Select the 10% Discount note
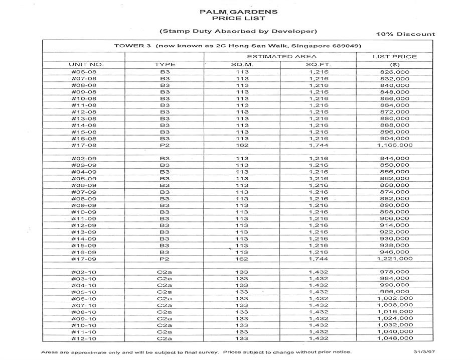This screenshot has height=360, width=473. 405,34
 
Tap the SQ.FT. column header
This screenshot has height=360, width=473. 319,65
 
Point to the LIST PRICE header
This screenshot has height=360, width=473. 395,57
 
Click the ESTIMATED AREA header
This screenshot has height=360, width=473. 281,57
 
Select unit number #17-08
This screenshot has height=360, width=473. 84,145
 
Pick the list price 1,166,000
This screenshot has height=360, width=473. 395,145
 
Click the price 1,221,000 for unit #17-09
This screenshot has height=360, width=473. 395,259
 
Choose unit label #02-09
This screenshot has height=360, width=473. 84,159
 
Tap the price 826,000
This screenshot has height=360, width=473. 395,72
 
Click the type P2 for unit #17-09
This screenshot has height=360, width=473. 165,259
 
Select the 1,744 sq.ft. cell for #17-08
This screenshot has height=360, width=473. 319,145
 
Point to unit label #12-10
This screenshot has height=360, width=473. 84,338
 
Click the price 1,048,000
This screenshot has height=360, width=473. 395,338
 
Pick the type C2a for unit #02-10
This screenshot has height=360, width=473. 165,272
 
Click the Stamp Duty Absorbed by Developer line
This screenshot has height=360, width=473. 238,31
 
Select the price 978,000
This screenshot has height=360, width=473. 395,272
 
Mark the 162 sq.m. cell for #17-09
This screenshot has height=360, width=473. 242,259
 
